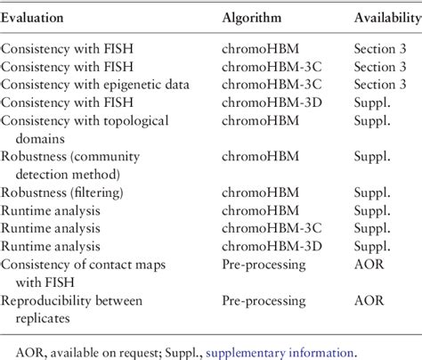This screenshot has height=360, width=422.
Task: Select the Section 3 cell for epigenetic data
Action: pyautogui.click(x=377, y=83)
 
